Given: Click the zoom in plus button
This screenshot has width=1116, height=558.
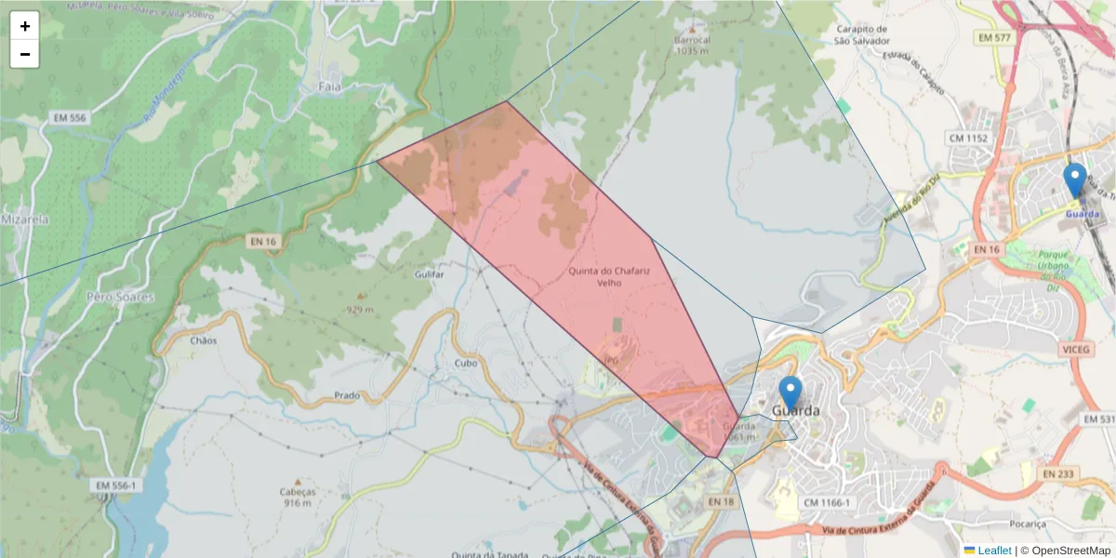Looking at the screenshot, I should [x=25, y=26].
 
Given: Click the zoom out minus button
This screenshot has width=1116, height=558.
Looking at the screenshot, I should [x=25, y=54].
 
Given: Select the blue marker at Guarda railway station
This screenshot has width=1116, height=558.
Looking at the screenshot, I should [x=1075, y=180].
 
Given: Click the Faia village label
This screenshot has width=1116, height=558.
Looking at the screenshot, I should [x=329, y=86].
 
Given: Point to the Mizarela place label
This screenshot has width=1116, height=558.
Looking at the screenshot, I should [x=25, y=219].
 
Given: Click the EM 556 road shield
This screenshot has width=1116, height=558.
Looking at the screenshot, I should [x=71, y=118].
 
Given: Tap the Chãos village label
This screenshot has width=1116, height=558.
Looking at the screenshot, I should [x=203, y=340].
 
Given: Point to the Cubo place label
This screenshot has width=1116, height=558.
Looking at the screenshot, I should [x=466, y=364].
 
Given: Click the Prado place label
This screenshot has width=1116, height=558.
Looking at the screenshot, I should [x=347, y=395].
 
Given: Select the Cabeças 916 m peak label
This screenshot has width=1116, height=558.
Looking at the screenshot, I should [x=298, y=497].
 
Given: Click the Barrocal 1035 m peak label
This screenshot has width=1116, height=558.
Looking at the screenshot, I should [x=693, y=46].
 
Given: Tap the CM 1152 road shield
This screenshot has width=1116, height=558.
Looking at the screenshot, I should [x=968, y=138].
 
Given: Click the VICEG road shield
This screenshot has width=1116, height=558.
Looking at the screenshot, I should [x=1073, y=348].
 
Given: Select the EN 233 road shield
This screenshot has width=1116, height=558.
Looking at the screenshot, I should [x=1057, y=473].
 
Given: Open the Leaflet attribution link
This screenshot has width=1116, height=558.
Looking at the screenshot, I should [x=994, y=551].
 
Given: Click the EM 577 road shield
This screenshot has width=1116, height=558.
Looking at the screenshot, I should [x=995, y=38].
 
